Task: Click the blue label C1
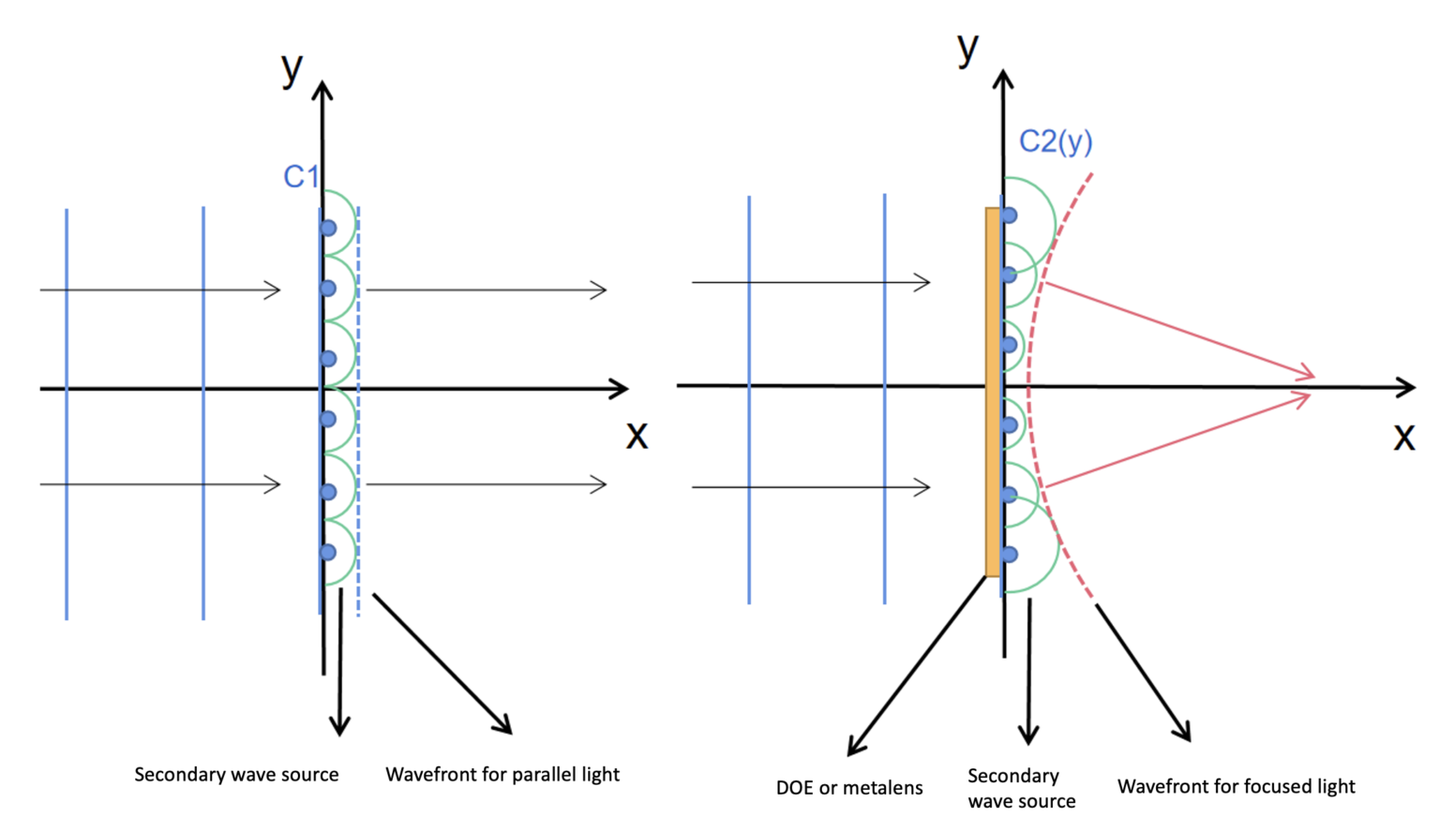pyautogui.click(x=301, y=176)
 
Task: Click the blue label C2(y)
pyautogui.click(x=1056, y=141)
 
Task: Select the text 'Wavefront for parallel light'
pyautogui.click(x=502, y=775)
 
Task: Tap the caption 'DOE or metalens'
pyautogui.click(x=849, y=788)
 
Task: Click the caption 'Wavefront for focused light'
pyautogui.click(x=1236, y=786)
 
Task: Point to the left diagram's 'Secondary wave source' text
pyautogui.click(x=236, y=775)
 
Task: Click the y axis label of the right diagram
pyautogui.click(x=967, y=49)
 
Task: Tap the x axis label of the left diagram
pyautogui.click(x=637, y=435)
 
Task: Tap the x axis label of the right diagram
pyautogui.click(x=1403, y=437)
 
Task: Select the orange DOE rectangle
pyautogui.click(x=992, y=392)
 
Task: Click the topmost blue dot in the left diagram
pyautogui.click(x=328, y=228)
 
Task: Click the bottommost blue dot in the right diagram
pyautogui.click(x=1009, y=555)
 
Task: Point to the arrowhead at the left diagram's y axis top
pyautogui.click(x=322, y=90)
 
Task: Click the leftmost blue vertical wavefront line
pyautogui.click(x=67, y=412)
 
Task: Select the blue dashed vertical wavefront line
pyautogui.click(x=358, y=412)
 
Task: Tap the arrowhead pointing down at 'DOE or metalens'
pyautogui.click(x=854, y=746)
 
